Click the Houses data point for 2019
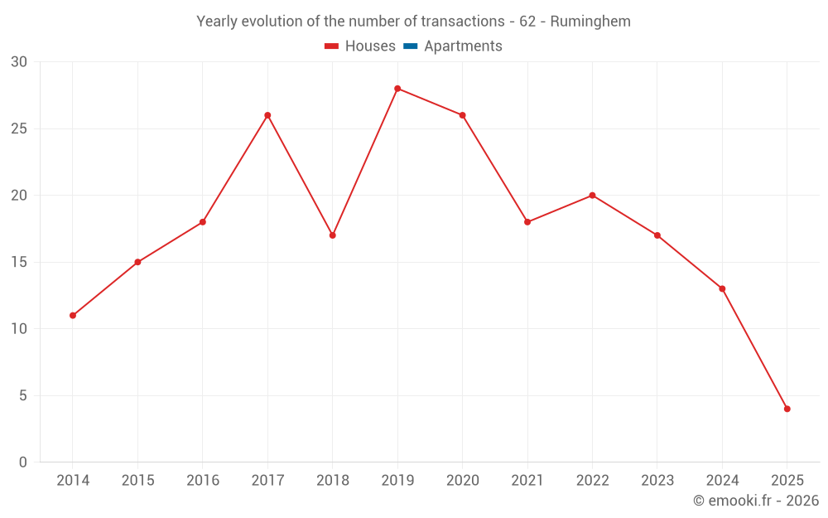pos(397,89)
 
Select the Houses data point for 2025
pos(787,409)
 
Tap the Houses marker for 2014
pos(73,316)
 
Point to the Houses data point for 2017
pos(267,115)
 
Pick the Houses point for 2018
pos(333,235)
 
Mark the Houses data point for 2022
pos(592,196)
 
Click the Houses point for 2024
pos(722,289)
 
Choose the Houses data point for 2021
pos(527,222)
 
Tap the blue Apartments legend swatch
pos(410,46)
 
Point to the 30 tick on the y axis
pos(19,62)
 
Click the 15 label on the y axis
pos(19,263)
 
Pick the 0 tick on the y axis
pos(23,462)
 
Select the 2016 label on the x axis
pos(203,481)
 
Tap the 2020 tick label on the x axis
pos(463,481)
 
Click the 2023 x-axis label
pos(657,481)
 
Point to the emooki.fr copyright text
pos(756,501)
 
